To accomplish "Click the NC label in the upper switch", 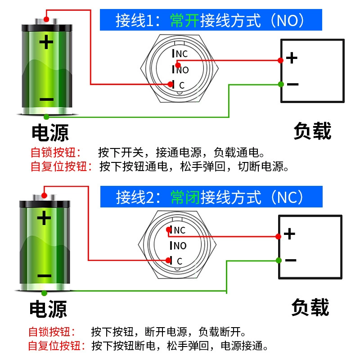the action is click(182, 54).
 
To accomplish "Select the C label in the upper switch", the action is click(182, 85).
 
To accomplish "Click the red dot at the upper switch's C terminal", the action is click(171, 84).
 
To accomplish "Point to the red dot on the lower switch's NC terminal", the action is click(169, 229).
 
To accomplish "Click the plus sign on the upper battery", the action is click(46, 42).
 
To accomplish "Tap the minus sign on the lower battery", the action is click(44, 275).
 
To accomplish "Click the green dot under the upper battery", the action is click(46, 117).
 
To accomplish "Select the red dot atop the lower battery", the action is click(44, 196).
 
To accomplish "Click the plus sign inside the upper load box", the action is click(292, 58).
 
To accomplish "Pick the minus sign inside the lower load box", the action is click(291, 260).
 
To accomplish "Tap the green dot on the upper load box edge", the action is click(281, 84).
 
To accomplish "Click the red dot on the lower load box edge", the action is click(278, 237).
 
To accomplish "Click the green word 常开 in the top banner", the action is click(185, 20).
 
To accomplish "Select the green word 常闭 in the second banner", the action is click(185, 197).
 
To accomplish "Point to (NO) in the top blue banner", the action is click(288, 20).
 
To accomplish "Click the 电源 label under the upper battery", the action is click(50, 132).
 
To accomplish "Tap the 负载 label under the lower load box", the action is click(310, 307).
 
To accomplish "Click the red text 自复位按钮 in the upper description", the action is click(59, 166).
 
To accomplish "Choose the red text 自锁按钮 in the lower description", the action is click(49, 332).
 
